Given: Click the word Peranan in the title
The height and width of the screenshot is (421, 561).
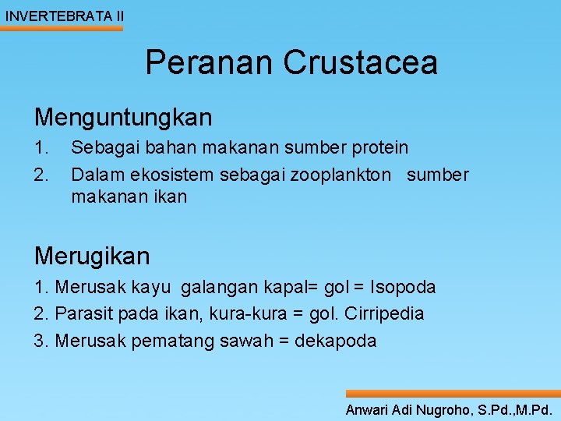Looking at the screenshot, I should [209, 62].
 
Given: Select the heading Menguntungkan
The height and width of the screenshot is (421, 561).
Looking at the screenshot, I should [123, 118].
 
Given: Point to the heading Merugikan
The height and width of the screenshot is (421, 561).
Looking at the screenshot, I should [92, 255].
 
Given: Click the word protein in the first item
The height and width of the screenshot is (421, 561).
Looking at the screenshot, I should [379, 147].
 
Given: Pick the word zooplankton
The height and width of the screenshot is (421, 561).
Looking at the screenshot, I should [340, 175].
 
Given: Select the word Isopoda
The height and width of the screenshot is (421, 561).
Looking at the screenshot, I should [404, 287].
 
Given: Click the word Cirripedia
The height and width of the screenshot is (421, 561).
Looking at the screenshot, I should [386, 314].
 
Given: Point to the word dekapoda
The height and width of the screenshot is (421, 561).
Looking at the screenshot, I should [340, 341].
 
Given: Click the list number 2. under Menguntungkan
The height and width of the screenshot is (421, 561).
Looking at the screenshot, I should [42, 175].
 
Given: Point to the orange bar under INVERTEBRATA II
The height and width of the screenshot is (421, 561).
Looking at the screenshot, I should [62, 29].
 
